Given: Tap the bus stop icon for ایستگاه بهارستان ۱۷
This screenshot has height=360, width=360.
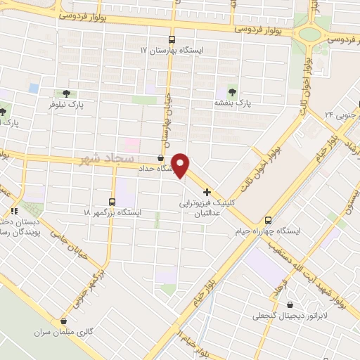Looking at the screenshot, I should (172, 40).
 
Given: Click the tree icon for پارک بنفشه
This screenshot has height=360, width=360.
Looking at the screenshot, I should (233, 92).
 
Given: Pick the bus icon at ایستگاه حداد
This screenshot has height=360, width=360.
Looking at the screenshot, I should (161, 158).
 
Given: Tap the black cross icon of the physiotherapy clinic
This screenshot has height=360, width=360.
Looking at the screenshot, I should (207, 192).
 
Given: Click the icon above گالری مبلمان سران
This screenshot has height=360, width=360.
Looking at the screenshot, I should (64, 321).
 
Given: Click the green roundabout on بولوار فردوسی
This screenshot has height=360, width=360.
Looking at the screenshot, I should (309, 32).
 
